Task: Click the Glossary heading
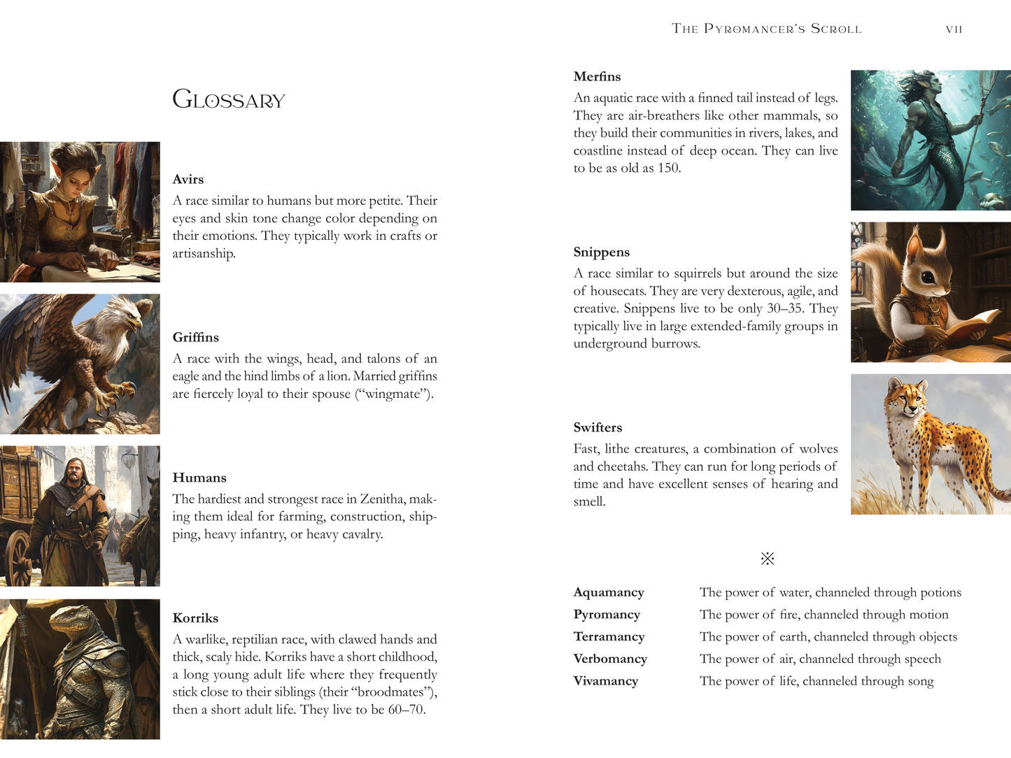tap(229, 100)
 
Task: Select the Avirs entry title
tap(188, 180)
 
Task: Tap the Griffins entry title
tap(196, 338)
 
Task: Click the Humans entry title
tap(199, 478)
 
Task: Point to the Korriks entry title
tap(195, 618)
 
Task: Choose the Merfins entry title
tap(597, 77)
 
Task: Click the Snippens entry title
tap(601, 252)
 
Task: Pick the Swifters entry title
tap(598, 428)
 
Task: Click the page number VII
tap(954, 29)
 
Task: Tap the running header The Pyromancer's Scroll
tap(766, 29)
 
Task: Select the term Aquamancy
tap(609, 593)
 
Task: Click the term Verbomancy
tap(610, 659)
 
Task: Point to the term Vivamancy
tap(606, 682)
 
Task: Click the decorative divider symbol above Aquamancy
tap(768, 559)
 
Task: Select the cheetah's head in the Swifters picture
tap(906, 397)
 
